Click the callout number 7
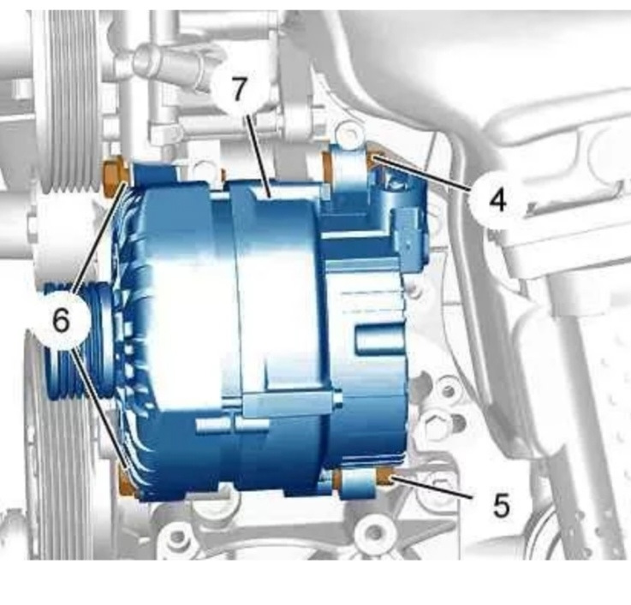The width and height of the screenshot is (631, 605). (x=239, y=89)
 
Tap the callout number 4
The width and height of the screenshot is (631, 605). (x=497, y=200)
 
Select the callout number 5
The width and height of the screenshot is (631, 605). (x=501, y=505)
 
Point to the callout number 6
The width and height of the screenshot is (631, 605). (x=61, y=320)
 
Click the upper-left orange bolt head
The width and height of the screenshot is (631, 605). (x=114, y=180)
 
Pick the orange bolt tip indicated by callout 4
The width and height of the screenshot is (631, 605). (x=372, y=160)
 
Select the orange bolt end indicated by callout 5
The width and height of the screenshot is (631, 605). (x=384, y=477)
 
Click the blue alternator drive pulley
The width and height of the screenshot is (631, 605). (x=79, y=342)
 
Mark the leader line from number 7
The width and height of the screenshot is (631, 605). (x=259, y=155)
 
